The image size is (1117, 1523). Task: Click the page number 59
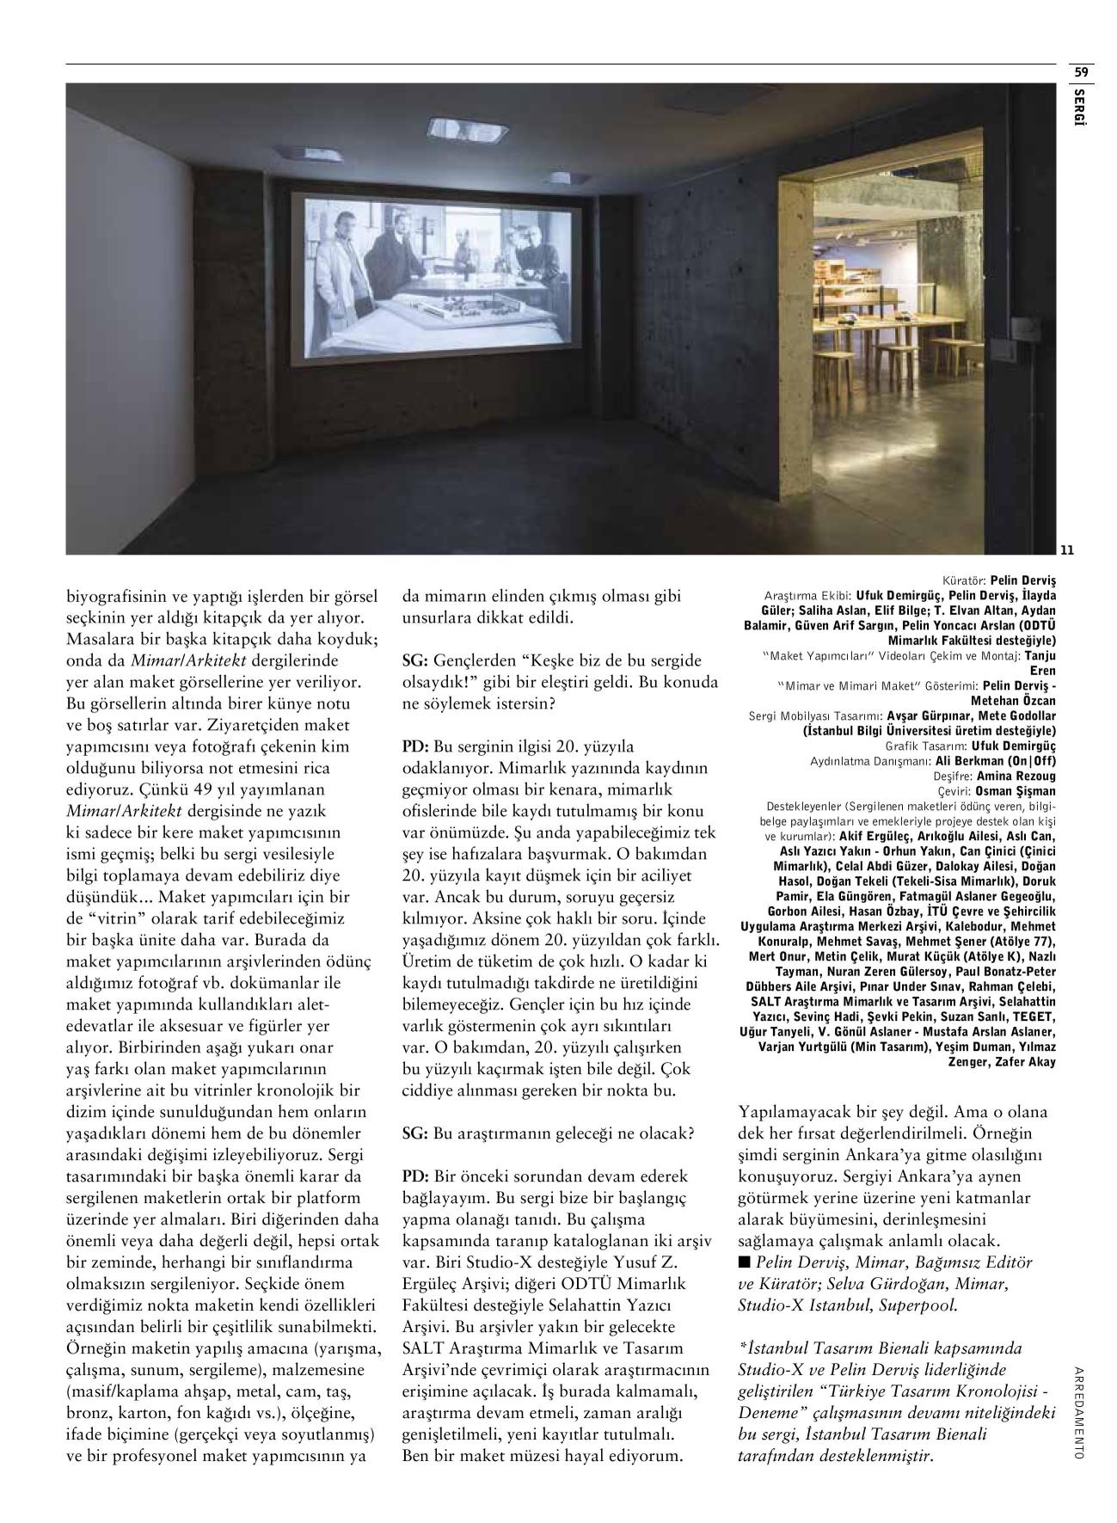(1081, 72)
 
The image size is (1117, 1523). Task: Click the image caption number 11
(1066, 550)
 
